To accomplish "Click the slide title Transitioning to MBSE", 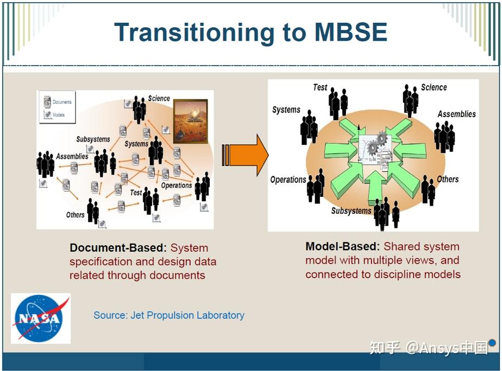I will click(x=250, y=32).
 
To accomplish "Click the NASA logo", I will click(x=41, y=318).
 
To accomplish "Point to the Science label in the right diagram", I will click(x=434, y=87).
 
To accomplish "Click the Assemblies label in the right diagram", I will click(x=456, y=114).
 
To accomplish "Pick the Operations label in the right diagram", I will click(x=288, y=180).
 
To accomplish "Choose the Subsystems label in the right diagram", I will click(x=351, y=210).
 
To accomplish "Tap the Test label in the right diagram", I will click(x=320, y=87).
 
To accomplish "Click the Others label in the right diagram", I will click(x=448, y=179).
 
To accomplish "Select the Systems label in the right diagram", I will click(x=286, y=110).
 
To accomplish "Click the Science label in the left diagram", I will click(x=159, y=98).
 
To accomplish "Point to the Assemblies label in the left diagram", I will click(x=72, y=156).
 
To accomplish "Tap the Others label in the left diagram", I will click(x=75, y=215).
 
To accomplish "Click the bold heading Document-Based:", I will click(x=118, y=248).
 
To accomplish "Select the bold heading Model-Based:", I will click(x=343, y=247).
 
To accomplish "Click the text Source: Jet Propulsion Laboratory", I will click(x=168, y=315).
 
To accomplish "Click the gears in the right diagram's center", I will click(x=377, y=143).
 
